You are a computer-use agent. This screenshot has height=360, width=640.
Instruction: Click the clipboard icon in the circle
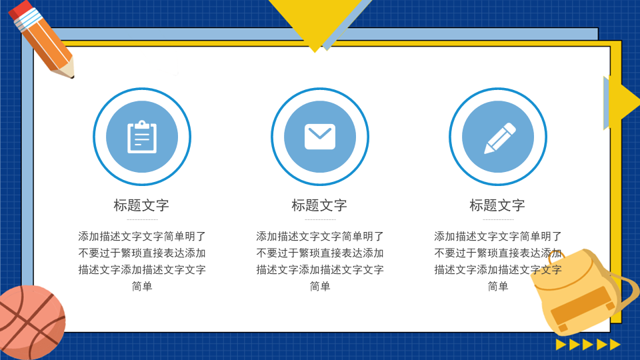142,137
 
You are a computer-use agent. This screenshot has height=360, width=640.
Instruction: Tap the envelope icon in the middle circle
320,137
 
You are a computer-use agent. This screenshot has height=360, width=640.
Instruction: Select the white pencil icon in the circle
500,138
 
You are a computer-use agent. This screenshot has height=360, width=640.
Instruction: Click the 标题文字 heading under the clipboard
141,205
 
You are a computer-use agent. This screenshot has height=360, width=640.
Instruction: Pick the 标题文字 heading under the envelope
319,205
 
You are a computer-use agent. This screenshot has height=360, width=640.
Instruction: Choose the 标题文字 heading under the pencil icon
497,205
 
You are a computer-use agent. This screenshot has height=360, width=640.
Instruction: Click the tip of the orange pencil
72,76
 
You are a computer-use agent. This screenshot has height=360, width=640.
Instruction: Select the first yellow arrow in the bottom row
561,345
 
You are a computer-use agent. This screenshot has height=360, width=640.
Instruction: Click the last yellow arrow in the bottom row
615,345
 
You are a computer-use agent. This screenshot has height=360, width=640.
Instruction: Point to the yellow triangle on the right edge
624,100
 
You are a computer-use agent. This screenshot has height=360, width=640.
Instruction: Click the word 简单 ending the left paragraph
142,287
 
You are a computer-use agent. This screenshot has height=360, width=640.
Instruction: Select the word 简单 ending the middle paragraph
320,287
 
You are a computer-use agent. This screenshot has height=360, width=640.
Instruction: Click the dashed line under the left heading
142,219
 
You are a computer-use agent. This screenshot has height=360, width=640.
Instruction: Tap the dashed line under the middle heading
320,219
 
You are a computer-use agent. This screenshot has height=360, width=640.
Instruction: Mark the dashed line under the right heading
498,219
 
